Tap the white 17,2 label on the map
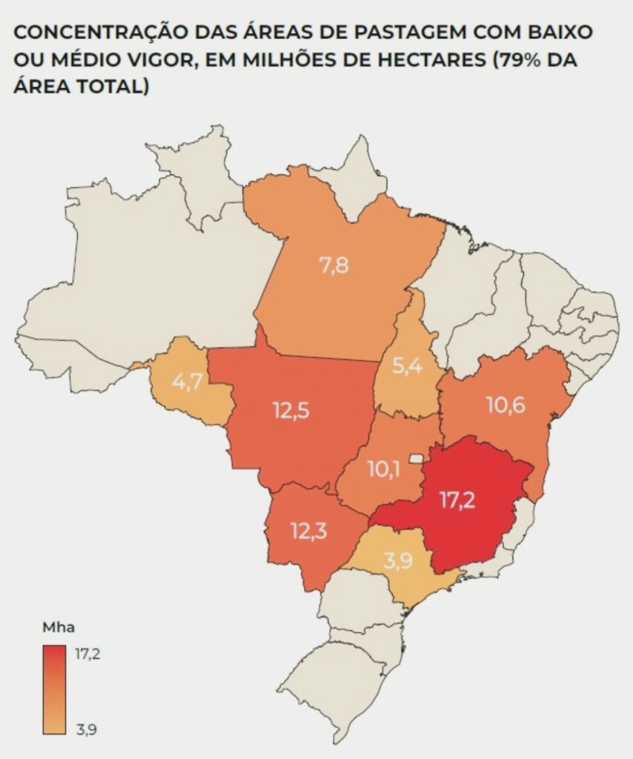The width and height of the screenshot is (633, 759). point(457,499)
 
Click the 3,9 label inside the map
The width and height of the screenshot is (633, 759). point(398,561)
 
